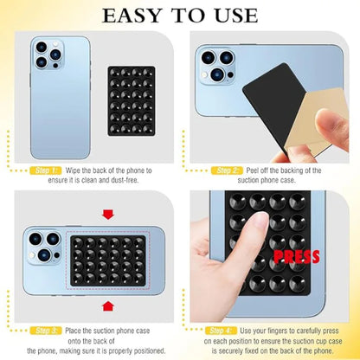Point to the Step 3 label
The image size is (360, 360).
point(47,331)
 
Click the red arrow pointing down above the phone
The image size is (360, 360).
point(107,213)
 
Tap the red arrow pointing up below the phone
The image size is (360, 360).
point(107,305)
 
